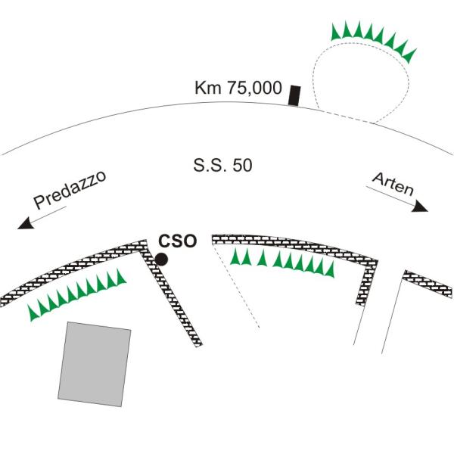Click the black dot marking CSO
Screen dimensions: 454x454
pyautogui.click(x=161, y=259)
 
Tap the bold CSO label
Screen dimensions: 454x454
pyautogui.click(x=178, y=241)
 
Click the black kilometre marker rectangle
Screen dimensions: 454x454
pyautogui.click(x=294, y=95)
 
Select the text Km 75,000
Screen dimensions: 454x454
pyautogui.click(x=238, y=88)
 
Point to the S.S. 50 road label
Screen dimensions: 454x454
pyautogui.click(x=222, y=165)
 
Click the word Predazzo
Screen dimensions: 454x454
pyautogui.click(x=70, y=190)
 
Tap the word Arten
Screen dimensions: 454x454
pyautogui.click(x=393, y=183)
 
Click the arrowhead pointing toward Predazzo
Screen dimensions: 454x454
pyautogui.click(x=26, y=223)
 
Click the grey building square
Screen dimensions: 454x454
pyautogui.click(x=95, y=364)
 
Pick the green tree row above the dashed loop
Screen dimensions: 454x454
pyautogui.click(x=374, y=41)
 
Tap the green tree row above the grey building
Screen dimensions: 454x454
pyautogui.click(x=76, y=295)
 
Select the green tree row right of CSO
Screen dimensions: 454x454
pyautogui.click(x=282, y=263)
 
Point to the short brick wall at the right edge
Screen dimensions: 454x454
pyautogui.click(x=428, y=284)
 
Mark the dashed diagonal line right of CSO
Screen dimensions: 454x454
pyautogui.click(x=235, y=285)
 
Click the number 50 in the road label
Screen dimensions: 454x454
pyautogui.click(x=242, y=165)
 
